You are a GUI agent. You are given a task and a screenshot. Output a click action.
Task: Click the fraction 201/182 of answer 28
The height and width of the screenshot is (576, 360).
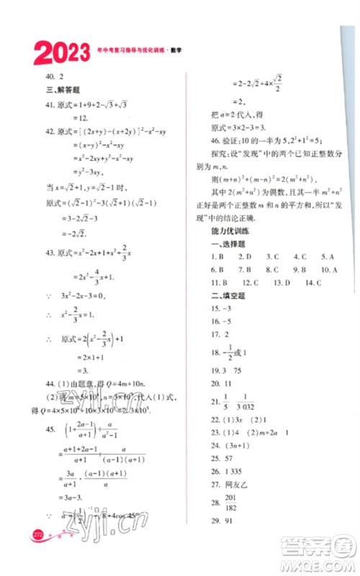tap(240, 519)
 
